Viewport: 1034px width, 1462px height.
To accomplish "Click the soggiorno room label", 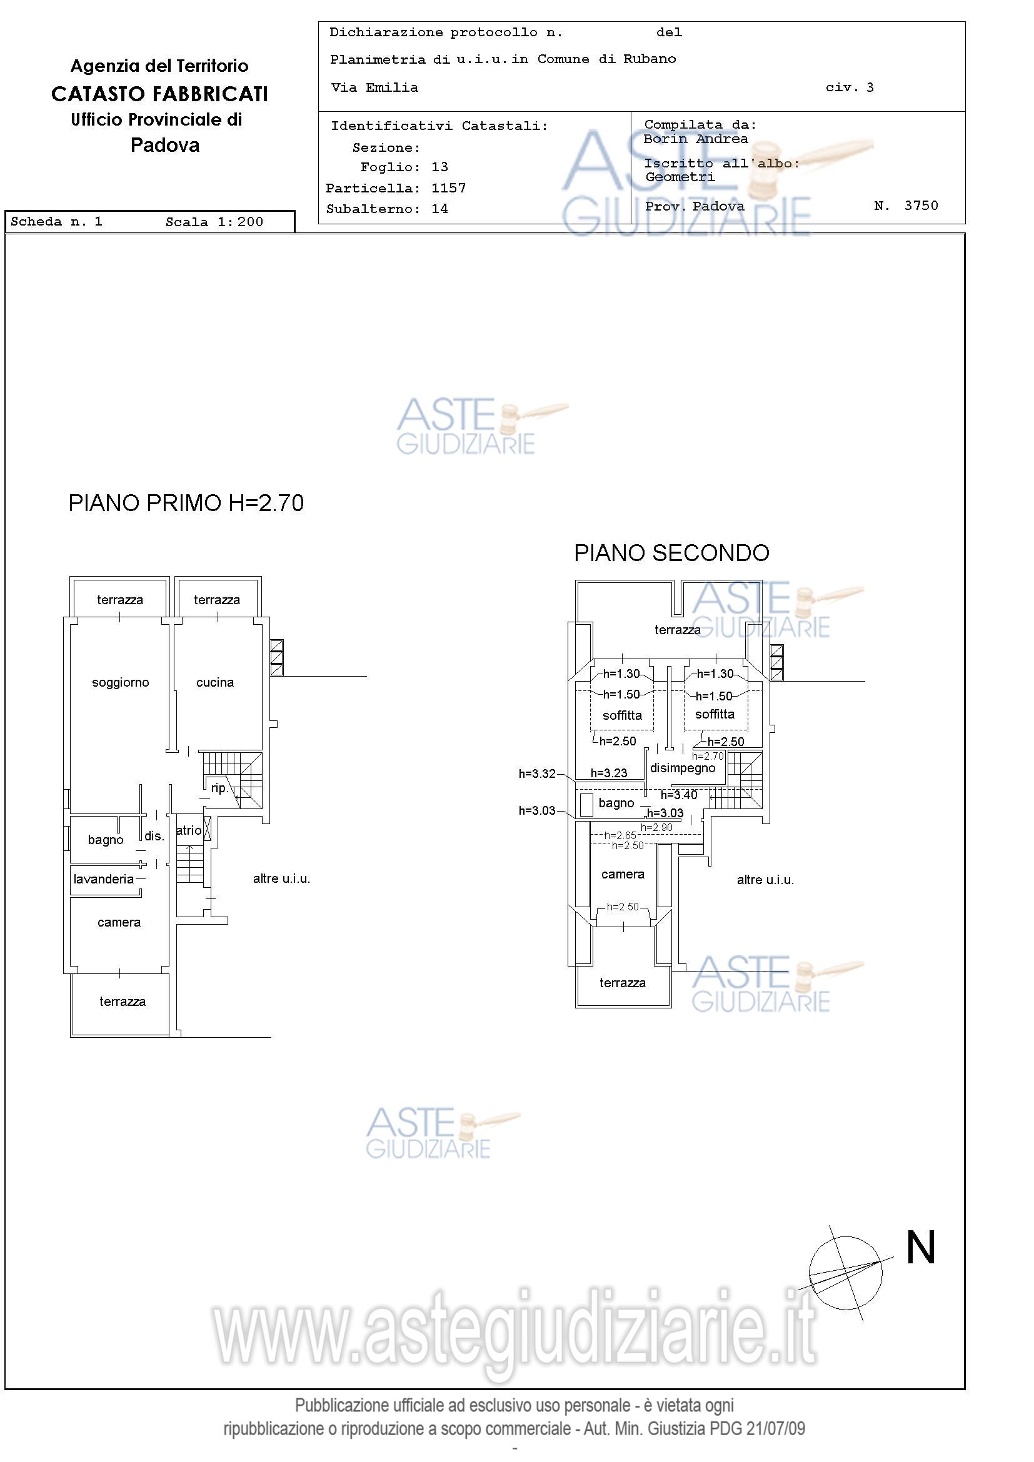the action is pyautogui.click(x=121, y=683).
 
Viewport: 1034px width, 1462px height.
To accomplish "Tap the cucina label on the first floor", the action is pyautogui.click(x=214, y=683).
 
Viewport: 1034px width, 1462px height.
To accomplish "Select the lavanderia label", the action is pyautogui.click(x=104, y=878).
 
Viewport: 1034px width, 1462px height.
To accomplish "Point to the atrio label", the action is pyautogui.click(x=189, y=830).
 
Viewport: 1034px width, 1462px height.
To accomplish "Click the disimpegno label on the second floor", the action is pyautogui.click(x=683, y=768).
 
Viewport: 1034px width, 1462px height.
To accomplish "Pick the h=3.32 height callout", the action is pyautogui.click(x=537, y=773).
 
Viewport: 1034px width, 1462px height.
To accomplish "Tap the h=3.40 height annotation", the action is pyautogui.click(x=679, y=795).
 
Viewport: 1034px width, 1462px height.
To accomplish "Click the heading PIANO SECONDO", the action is pyautogui.click(x=671, y=553).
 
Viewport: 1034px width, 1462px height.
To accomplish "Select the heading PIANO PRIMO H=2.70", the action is pyautogui.click(x=186, y=503).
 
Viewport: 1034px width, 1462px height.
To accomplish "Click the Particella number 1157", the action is pyautogui.click(x=448, y=188).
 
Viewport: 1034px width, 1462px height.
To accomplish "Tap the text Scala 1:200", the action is pyautogui.click(x=214, y=222).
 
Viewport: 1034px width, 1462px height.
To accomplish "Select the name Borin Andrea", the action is pyautogui.click(x=696, y=139).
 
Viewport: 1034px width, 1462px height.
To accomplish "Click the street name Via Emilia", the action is pyautogui.click(x=374, y=88).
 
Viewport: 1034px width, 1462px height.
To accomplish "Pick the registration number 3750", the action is pyautogui.click(x=921, y=205).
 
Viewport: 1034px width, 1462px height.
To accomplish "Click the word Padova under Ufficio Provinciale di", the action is pyautogui.click(x=165, y=145).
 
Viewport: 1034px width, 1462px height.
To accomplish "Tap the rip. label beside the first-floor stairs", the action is pyautogui.click(x=219, y=788).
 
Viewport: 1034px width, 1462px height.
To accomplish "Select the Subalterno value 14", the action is pyautogui.click(x=439, y=209).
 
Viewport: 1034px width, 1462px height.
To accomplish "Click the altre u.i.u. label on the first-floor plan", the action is pyautogui.click(x=281, y=878).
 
